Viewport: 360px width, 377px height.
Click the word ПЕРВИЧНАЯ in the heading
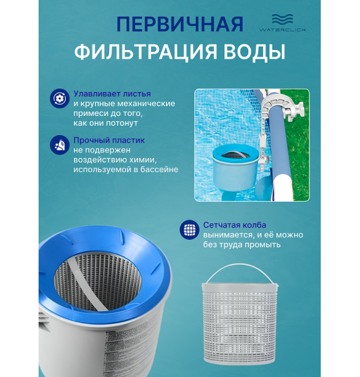click(180, 25)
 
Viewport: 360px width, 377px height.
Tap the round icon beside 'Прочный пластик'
click(60, 144)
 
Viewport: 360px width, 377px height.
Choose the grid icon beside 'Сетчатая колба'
click(190, 230)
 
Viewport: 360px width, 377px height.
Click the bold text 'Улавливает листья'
click(112, 94)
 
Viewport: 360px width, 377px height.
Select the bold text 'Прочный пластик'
click(108, 140)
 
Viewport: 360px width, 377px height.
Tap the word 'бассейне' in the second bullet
click(159, 170)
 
